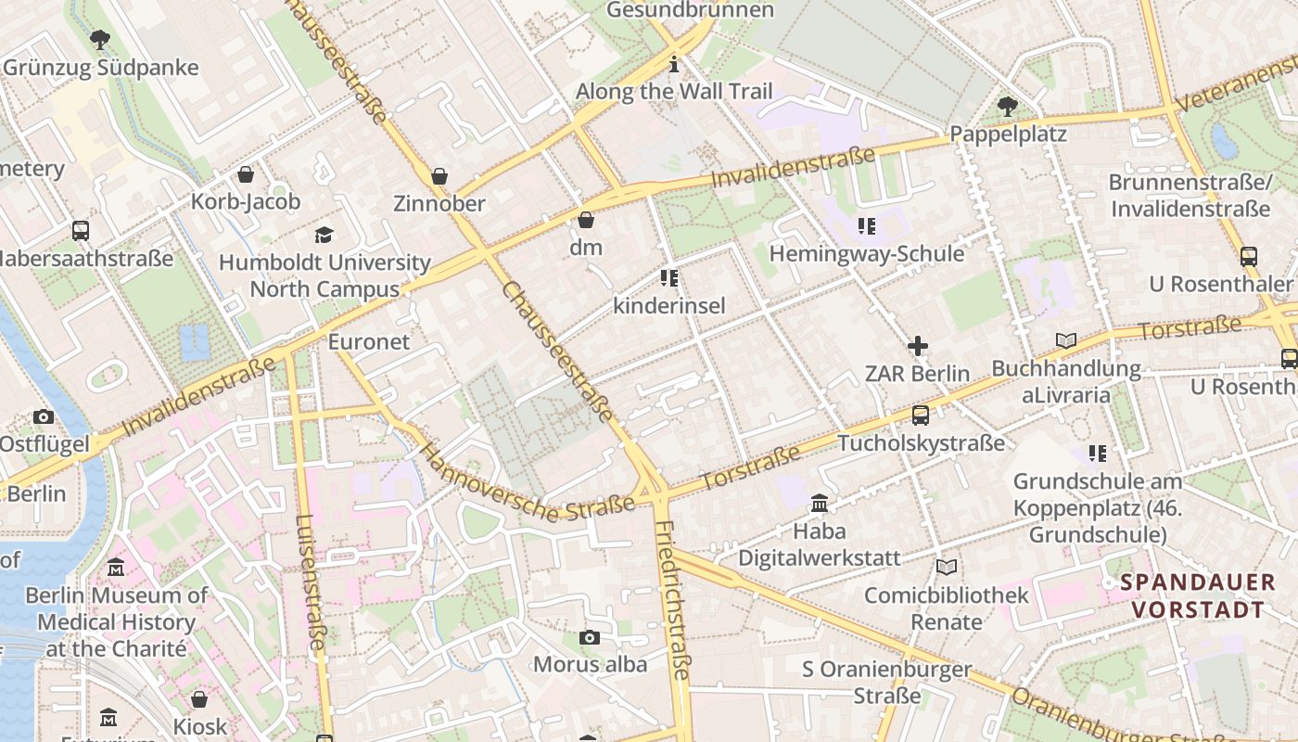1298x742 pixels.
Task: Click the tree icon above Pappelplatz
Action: tap(1008, 107)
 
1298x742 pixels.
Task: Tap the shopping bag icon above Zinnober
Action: tap(439, 176)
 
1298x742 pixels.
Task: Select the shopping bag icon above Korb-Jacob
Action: tap(246, 174)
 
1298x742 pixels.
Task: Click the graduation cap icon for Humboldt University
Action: tap(324, 235)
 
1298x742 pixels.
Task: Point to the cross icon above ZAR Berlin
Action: tap(918, 346)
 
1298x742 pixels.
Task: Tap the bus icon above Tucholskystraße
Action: tap(921, 415)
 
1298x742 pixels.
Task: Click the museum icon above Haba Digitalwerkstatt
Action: tap(820, 504)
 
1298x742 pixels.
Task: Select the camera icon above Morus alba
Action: tap(589, 637)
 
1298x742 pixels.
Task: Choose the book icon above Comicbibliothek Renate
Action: tap(946, 567)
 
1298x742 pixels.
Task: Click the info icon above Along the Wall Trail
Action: tap(674, 64)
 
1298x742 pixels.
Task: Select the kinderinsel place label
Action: tap(669, 305)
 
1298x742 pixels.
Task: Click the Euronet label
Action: tap(368, 341)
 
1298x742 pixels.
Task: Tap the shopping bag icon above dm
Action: tap(586, 220)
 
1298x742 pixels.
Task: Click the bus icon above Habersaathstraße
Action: tap(81, 230)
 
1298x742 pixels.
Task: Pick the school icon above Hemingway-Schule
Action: tap(867, 226)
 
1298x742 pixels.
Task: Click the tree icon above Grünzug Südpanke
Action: tap(100, 40)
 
